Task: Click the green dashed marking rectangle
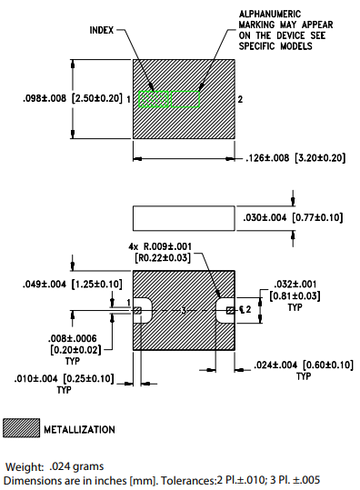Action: click(x=168, y=98)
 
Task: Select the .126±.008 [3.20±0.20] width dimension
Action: click(x=296, y=158)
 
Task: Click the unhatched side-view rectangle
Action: click(x=184, y=217)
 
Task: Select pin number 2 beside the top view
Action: click(x=240, y=98)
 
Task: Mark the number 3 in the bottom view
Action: click(x=184, y=311)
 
